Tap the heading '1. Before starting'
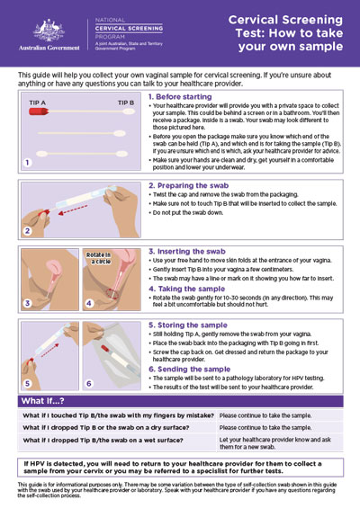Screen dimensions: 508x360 pyautogui.click(x=180, y=96)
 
